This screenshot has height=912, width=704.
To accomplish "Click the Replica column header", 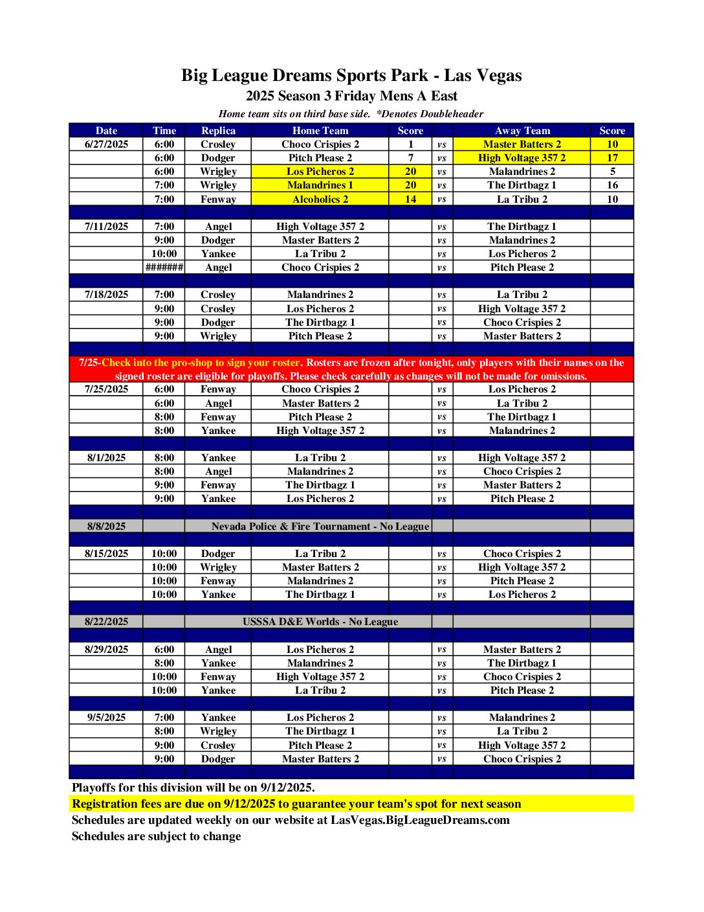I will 218,130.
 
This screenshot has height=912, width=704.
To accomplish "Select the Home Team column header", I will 320,130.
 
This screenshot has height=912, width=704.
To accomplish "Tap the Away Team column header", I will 522,130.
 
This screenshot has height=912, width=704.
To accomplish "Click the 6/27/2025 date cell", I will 106,144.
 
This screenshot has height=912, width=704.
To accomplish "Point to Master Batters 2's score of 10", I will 611,144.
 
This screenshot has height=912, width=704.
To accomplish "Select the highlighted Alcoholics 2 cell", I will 320,199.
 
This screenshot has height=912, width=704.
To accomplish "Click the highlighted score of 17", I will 611,158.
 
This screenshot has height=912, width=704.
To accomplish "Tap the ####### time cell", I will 164,268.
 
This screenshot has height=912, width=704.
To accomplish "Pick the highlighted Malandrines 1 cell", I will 320,185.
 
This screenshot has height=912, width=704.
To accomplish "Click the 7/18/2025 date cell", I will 106,295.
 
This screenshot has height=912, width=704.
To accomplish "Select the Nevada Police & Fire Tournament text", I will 320,527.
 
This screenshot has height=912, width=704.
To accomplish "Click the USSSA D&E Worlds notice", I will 320,622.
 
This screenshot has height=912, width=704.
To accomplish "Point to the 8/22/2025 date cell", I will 106,622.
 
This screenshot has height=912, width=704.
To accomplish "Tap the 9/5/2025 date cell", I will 106,718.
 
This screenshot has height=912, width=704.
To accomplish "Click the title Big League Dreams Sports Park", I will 351,76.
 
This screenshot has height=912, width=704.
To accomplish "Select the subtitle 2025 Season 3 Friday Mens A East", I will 351,97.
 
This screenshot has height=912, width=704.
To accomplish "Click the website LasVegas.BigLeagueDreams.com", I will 420,820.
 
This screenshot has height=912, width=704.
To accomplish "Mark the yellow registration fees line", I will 296,804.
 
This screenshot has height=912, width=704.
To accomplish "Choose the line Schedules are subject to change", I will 156,836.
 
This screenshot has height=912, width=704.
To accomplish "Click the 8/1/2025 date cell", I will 106,458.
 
